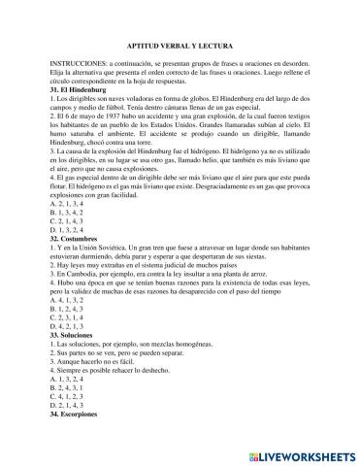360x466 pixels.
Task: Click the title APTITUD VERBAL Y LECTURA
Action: pyautogui.click(x=180, y=46)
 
